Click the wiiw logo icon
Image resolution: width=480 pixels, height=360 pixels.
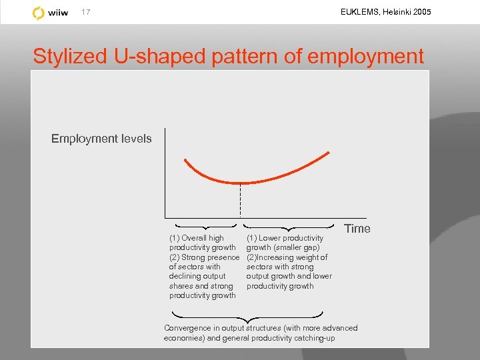(x=39, y=13)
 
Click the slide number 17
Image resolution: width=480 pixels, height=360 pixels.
(x=85, y=12)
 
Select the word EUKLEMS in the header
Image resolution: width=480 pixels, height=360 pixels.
(x=357, y=12)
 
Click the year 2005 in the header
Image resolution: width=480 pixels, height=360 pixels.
(x=422, y=12)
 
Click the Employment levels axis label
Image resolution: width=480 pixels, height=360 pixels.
(x=101, y=139)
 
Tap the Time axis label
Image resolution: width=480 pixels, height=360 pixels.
(x=357, y=229)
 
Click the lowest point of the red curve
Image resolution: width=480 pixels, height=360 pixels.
(x=240, y=183)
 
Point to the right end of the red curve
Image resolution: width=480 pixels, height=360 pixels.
(x=329, y=153)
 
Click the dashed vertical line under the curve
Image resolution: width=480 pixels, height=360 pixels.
(x=240, y=200)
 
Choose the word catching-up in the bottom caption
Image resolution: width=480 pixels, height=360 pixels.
(x=313, y=338)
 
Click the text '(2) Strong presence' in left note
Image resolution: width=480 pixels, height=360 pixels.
(x=203, y=257)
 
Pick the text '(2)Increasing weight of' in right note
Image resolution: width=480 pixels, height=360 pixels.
(x=287, y=257)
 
